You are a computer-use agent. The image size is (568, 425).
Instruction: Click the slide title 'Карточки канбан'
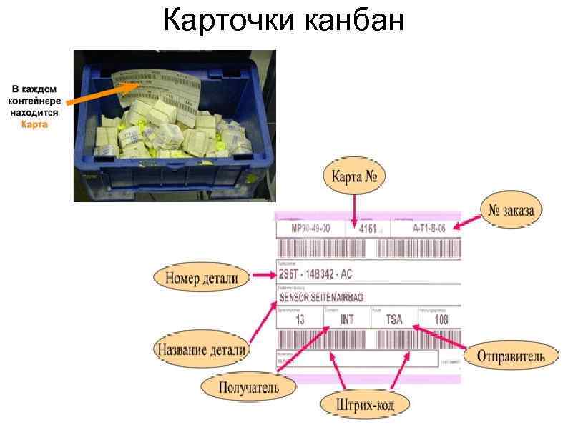(284, 21)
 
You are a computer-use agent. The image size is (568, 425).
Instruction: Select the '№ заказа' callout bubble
(511, 210)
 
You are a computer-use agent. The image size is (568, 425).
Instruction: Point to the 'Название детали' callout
(200, 350)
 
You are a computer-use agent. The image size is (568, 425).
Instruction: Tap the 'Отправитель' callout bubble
(511, 355)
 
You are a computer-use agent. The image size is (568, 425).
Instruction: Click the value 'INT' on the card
(346, 320)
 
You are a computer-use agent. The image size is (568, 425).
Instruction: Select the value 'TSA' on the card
(394, 320)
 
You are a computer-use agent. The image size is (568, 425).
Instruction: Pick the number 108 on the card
(441, 320)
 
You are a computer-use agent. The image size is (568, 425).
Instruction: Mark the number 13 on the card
(300, 320)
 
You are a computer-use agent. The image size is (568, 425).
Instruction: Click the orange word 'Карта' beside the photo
(34, 124)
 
